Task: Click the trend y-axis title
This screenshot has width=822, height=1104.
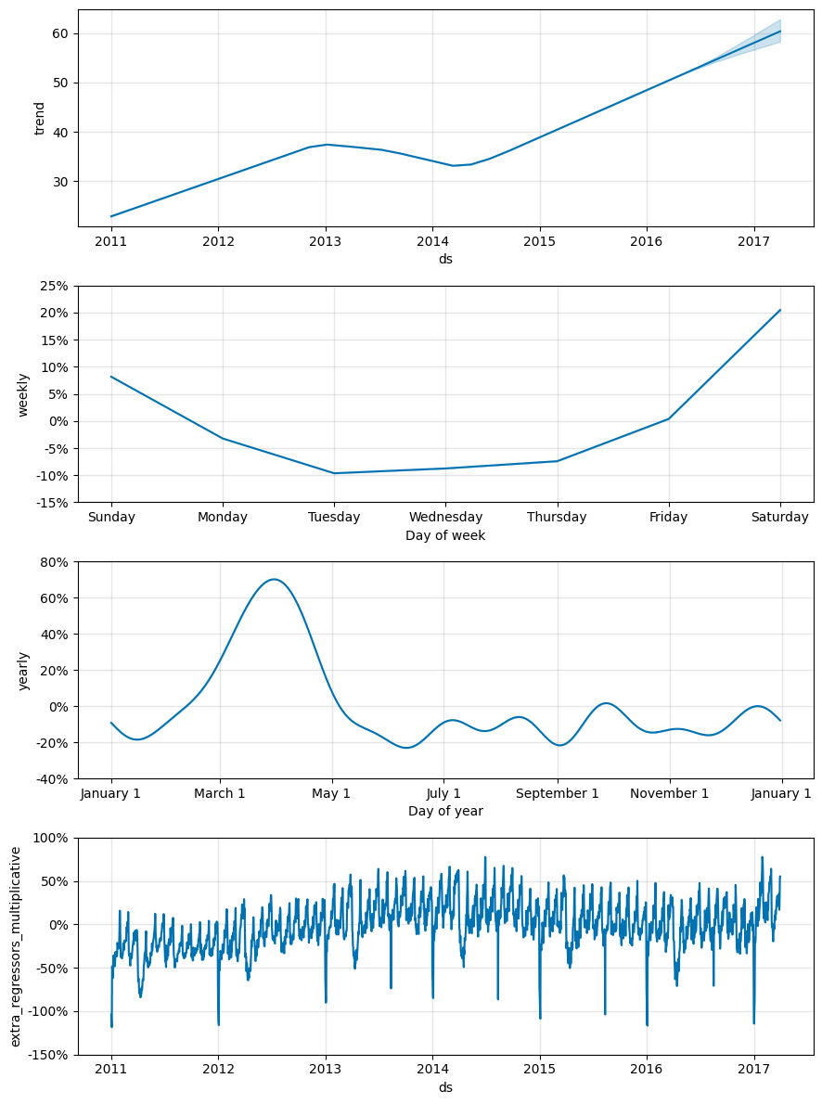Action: click(40, 118)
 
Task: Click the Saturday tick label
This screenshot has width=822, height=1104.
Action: click(779, 518)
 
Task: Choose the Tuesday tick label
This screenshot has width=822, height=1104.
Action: click(334, 518)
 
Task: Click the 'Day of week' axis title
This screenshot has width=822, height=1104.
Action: click(445, 535)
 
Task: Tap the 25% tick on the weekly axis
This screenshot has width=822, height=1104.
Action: click(54, 286)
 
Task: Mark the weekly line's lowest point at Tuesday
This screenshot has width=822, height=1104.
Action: click(334, 473)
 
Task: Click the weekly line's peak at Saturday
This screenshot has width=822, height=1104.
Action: click(780, 310)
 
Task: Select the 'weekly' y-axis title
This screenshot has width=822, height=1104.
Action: click(24, 394)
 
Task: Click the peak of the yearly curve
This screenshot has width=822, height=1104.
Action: click(274, 579)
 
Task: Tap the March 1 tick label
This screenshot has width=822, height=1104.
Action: click(220, 793)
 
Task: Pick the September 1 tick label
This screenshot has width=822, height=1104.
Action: click(558, 793)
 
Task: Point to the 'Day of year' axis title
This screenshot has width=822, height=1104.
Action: click(445, 811)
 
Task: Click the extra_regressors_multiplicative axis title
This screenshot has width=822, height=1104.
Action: click(17, 946)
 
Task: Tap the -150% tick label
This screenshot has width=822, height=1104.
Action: click(48, 1055)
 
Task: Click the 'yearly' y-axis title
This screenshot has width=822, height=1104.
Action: click(24, 670)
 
